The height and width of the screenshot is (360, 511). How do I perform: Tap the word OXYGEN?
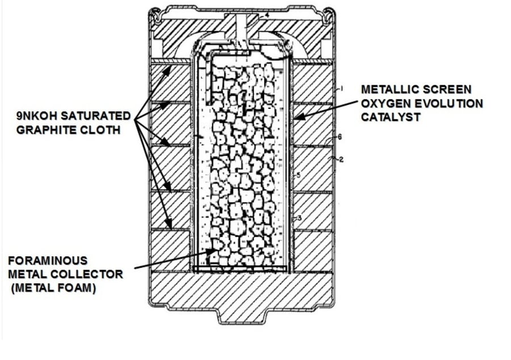coord(383,104)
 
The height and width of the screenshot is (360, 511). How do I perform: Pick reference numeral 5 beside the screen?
coord(298,176)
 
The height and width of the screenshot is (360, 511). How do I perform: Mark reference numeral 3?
coord(298,218)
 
